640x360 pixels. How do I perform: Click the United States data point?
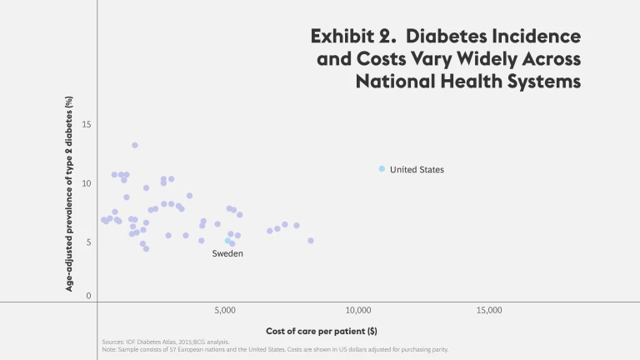pyautogui.click(x=382, y=169)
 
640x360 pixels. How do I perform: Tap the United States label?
pyautogui.click(x=417, y=170)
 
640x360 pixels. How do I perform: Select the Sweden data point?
pyautogui.click(x=227, y=241)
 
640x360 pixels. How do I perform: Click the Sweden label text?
pyautogui.click(x=227, y=253)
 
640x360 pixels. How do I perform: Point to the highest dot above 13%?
pyautogui.click(x=135, y=145)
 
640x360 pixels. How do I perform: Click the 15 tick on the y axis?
pyautogui.click(x=87, y=125)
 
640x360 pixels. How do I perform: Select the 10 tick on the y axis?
pyautogui.click(x=87, y=183)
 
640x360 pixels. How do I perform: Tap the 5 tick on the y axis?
pyautogui.click(x=88, y=242)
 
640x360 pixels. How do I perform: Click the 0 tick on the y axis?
pyautogui.click(x=88, y=296)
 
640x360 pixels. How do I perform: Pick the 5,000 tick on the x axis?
pyautogui.click(x=227, y=311)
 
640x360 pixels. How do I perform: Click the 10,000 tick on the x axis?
pyautogui.click(x=357, y=311)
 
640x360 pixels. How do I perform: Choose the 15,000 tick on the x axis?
pyautogui.click(x=488, y=311)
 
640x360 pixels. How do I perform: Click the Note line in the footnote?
pyautogui.click(x=274, y=350)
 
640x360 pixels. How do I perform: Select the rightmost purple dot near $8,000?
pyautogui.click(x=311, y=241)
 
